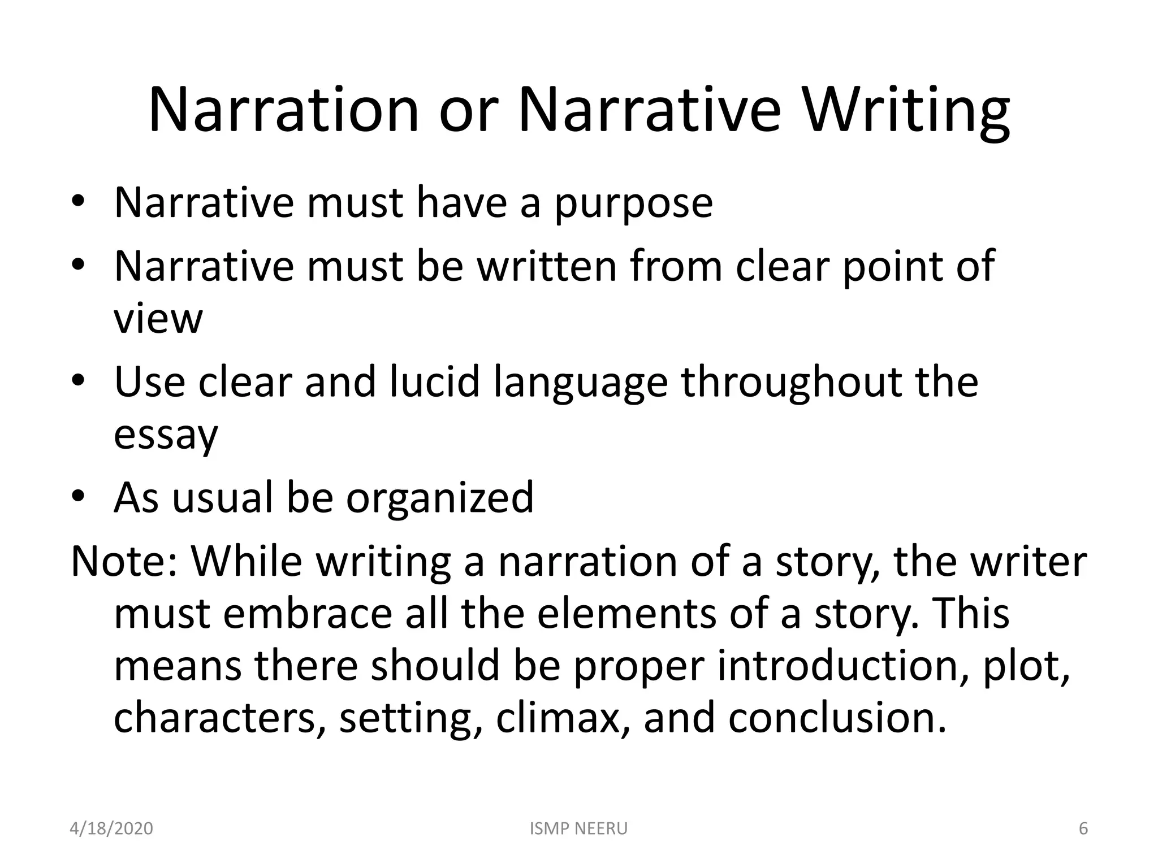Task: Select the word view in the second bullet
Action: pos(158,319)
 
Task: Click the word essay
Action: pos(165,435)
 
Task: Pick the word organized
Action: pos(439,498)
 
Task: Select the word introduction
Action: pos(842,666)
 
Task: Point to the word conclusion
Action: pos(837,718)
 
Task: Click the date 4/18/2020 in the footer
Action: pos(111,829)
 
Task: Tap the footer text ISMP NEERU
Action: pos(578,829)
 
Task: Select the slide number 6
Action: pos(1083,829)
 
